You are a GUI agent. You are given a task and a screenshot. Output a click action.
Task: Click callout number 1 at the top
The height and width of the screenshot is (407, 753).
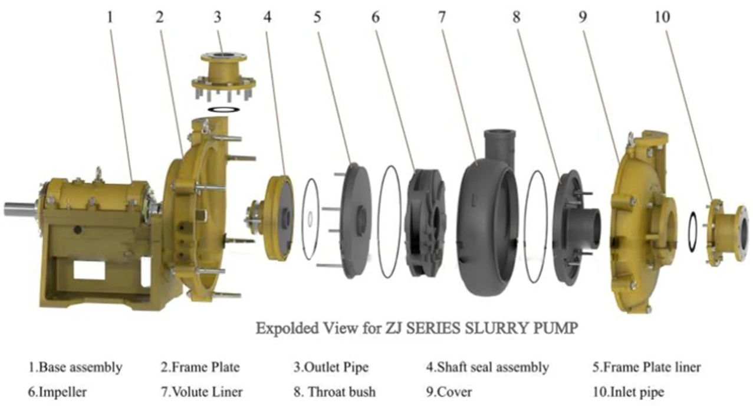coord(109,17)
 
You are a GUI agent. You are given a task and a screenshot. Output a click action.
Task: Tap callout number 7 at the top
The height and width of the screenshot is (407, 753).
coord(441,17)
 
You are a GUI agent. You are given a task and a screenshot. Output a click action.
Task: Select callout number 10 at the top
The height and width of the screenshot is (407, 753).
coord(662,17)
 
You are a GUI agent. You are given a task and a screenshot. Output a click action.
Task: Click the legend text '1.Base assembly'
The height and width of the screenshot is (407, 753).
coord(75,367)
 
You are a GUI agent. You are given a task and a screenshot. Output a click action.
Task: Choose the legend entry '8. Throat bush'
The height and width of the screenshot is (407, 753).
coord(334,391)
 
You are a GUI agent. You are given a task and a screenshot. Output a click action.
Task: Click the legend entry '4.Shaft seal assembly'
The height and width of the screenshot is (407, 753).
coord(487,367)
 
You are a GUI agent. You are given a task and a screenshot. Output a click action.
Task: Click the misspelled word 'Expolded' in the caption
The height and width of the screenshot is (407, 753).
coord(284,329)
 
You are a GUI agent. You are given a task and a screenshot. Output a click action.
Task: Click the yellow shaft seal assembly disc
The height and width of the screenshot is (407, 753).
coord(280,216)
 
